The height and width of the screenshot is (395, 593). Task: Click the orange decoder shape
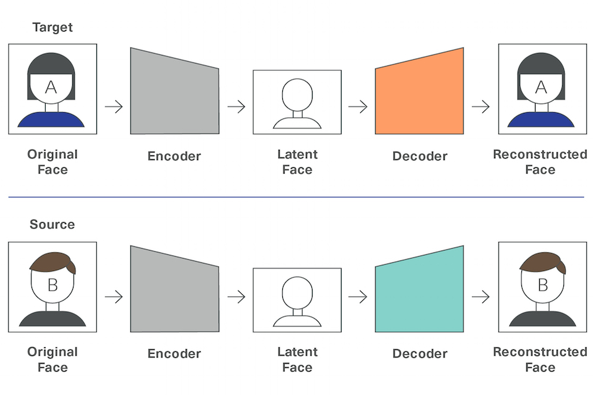[419, 94]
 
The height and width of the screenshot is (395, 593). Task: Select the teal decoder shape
[419, 293]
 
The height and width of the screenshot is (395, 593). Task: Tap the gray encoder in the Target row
[174, 94]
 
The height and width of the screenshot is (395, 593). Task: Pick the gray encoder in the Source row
[174, 293]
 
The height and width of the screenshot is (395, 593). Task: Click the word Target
[53, 28]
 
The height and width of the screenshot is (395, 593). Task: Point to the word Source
[52, 224]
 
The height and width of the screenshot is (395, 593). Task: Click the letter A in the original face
[51, 87]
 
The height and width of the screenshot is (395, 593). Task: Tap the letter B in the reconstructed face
[543, 285]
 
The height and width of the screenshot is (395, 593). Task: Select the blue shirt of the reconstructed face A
[541, 120]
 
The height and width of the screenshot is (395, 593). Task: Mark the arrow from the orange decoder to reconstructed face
[481, 107]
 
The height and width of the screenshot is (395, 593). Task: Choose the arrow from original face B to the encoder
[114, 297]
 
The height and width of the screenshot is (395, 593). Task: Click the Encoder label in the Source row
[174, 354]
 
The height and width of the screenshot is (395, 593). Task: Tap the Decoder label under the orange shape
[420, 156]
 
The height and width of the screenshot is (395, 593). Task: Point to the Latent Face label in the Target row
[297, 162]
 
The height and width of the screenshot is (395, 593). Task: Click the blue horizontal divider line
[296, 197]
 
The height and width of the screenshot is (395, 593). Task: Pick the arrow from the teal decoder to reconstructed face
[481, 297]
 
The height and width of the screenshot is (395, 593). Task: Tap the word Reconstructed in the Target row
[540, 154]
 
